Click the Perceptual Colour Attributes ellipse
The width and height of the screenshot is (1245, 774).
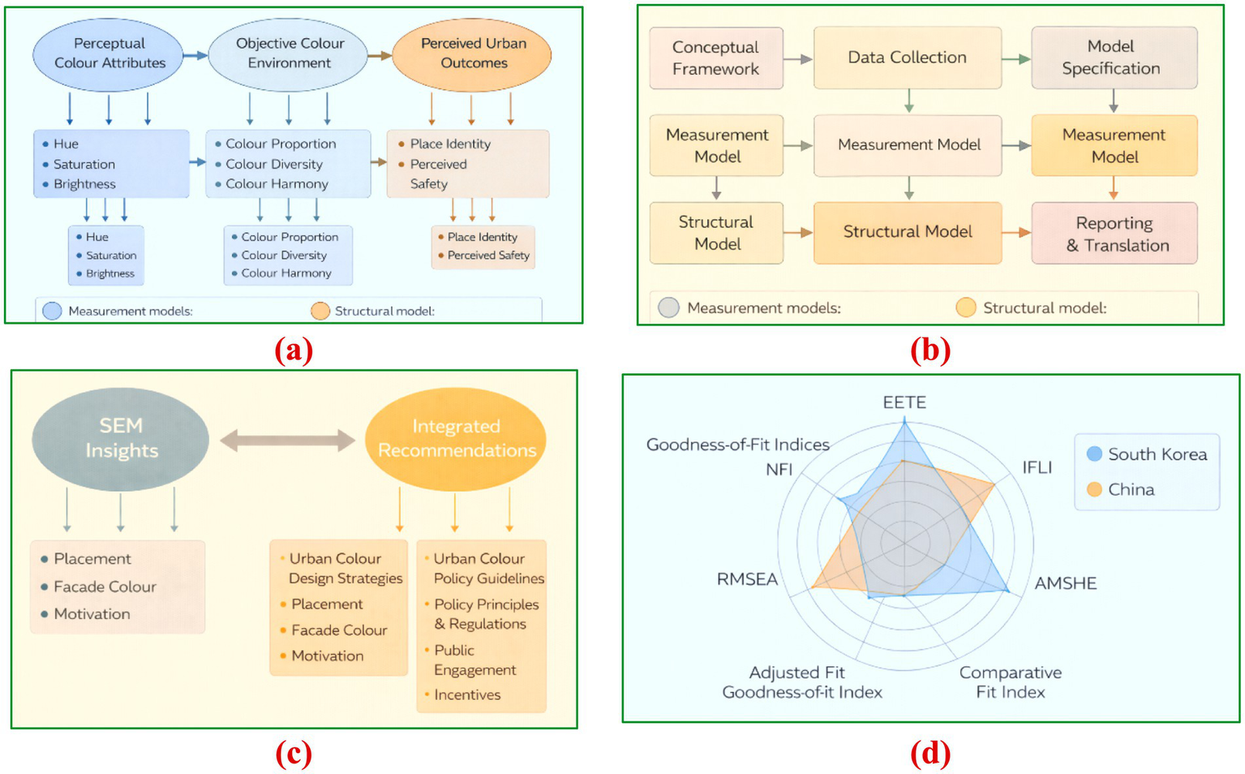tap(109, 54)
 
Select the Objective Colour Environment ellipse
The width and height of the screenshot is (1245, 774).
tap(289, 54)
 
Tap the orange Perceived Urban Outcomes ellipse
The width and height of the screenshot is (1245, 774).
tap(472, 54)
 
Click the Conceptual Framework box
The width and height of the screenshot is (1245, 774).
tap(715, 58)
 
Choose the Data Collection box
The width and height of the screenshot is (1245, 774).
tap(907, 58)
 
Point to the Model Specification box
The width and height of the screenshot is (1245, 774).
tap(1113, 58)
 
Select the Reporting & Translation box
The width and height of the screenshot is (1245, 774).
tap(1114, 234)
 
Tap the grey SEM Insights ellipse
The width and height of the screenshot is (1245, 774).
tap(120, 439)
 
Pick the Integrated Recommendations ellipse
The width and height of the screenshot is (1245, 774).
tap(456, 439)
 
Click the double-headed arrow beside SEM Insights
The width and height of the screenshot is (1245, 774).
tap(287, 441)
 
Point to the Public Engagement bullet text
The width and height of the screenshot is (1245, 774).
tap(474, 660)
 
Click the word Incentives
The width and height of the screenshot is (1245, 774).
tap(467, 694)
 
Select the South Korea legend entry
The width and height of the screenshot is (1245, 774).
tap(1147, 454)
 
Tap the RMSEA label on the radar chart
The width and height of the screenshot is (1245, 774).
tap(747, 579)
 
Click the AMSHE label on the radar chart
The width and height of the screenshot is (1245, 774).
tap(1065, 583)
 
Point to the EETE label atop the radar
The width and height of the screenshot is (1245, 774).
tap(904, 402)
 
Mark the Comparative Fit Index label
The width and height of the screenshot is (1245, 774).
tap(1010, 682)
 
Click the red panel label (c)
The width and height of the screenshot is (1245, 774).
tap(294, 754)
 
